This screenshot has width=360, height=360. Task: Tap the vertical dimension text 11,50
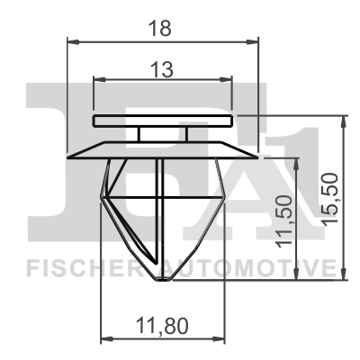pyautogui.click(x=285, y=221)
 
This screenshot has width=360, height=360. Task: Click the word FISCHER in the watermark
pyautogui.click(x=78, y=269)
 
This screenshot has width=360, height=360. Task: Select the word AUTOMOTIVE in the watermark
pyautogui.click(x=252, y=269)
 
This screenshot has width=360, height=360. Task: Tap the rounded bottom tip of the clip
pyautogui.click(x=162, y=278)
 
